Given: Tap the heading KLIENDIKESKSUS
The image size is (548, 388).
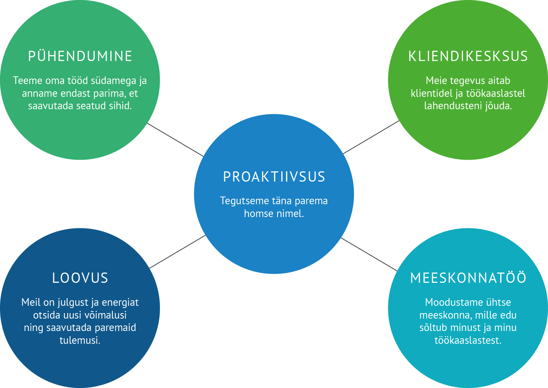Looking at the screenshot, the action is click(468, 56).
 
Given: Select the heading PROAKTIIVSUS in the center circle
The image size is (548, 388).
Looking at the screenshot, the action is click(274, 176).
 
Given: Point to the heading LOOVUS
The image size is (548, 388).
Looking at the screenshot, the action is click(80, 278).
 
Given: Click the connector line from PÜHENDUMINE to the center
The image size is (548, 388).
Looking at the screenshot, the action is click(175, 140).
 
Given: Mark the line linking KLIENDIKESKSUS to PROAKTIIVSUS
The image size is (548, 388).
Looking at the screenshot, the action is click(371, 137).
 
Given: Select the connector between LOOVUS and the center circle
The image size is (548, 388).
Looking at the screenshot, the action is click(177, 251).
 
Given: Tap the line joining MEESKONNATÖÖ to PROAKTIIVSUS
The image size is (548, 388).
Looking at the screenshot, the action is click(369, 254).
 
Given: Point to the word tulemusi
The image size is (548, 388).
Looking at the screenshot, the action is click(80, 340).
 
